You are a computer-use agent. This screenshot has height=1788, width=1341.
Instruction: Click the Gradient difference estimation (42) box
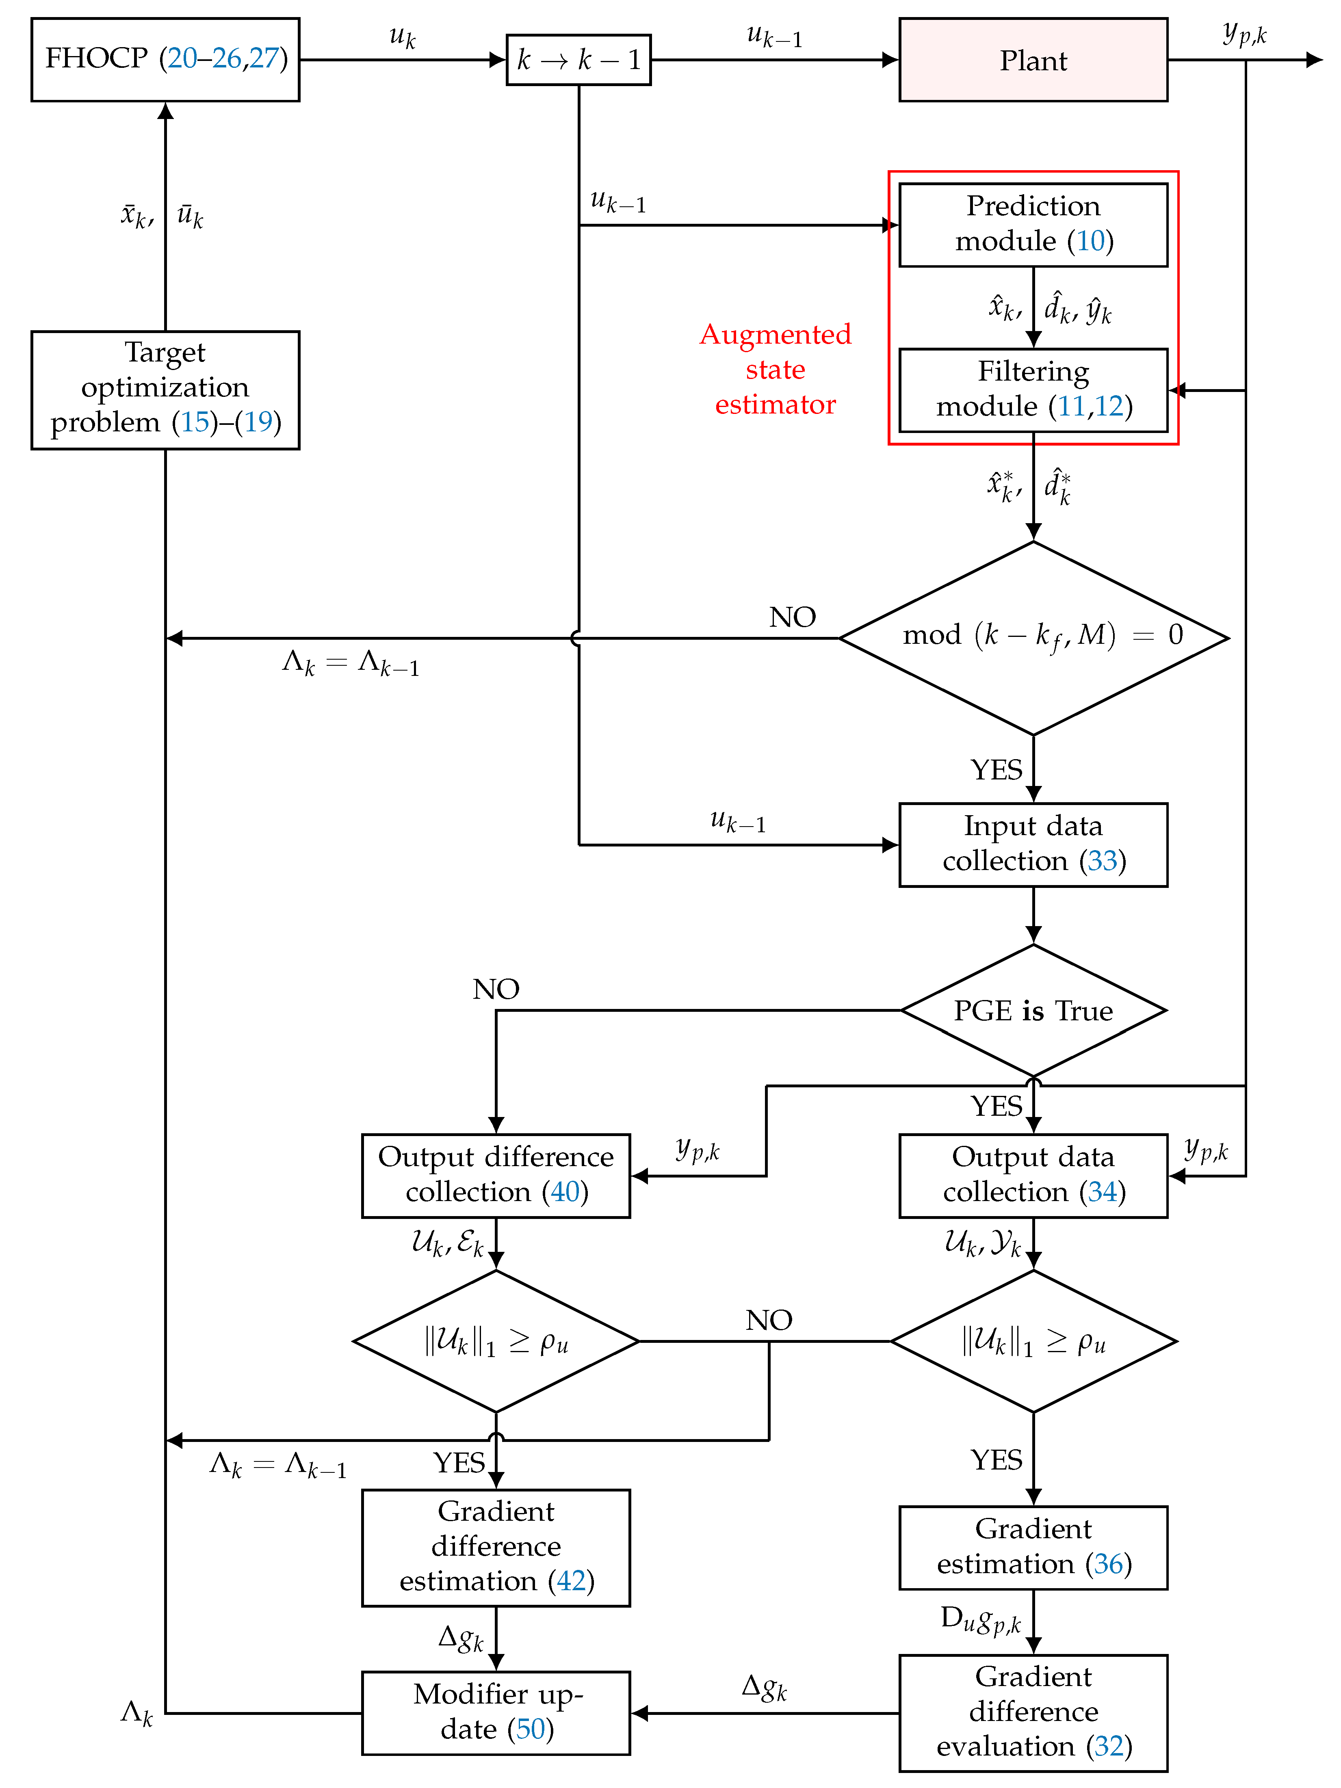click(x=496, y=1546)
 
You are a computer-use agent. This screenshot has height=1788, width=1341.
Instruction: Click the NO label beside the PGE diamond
click(x=496, y=989)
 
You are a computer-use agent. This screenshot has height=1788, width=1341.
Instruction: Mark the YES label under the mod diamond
click(x=996, y=770)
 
